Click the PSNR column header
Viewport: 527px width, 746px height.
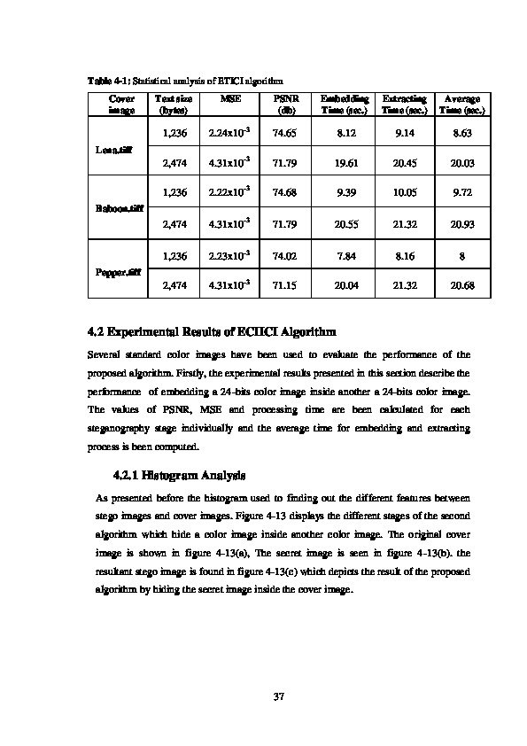tap(284, 105)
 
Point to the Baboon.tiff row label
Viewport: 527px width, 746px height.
tap(113, 210)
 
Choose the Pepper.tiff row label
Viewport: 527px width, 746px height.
tap(113, 272)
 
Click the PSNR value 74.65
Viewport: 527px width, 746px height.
tap(284, 132)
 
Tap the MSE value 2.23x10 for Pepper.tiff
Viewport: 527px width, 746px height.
tap(229, 256)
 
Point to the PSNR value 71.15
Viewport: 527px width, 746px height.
tap(284, 287)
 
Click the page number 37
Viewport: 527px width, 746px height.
tap(278, 696)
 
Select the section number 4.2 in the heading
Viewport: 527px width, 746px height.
tap(97, 332)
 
